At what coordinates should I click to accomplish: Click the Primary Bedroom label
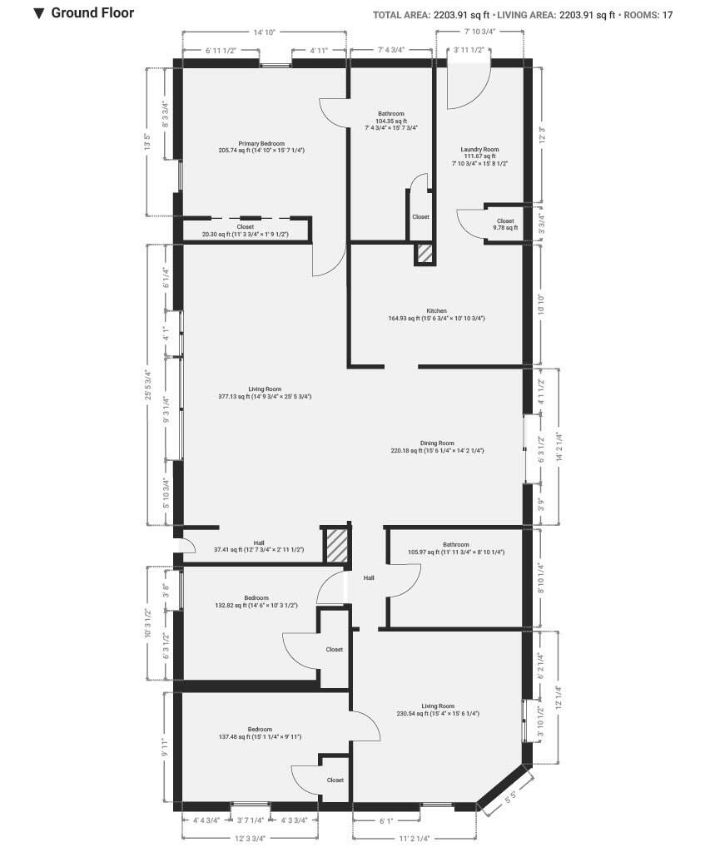[261, 146]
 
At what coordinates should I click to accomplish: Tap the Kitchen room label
[436, 315]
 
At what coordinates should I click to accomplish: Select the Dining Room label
[437, 447]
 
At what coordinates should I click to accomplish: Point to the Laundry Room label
[479, 156]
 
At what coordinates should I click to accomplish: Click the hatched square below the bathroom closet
[424, 254]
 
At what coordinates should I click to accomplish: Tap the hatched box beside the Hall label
[336, 546]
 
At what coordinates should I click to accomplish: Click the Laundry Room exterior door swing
[469, 87]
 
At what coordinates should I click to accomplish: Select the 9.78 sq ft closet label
[505, 225]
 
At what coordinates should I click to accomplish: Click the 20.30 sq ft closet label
[246, 230]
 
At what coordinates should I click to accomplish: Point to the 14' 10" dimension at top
[264, 32]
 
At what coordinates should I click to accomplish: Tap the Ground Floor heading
[92, 12]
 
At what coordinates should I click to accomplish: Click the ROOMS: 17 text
[648, 15]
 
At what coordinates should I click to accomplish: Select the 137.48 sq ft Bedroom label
[260, 733]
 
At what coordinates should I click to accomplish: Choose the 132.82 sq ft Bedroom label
[256, 602]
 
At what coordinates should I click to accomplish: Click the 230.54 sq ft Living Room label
[438, 710]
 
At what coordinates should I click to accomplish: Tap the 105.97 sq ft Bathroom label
[456, 548]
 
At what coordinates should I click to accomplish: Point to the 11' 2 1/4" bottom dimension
[415, 839]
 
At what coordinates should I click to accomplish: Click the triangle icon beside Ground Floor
[38, 13]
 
